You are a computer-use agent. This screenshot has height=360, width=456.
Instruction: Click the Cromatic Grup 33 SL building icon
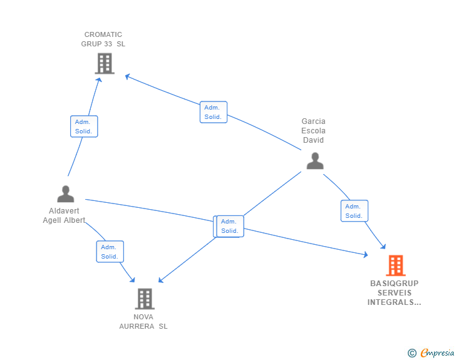[105, 63]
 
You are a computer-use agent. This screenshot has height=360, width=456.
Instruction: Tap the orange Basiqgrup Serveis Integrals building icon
[395, 265]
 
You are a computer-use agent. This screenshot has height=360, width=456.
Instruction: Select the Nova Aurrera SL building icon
[145, 299]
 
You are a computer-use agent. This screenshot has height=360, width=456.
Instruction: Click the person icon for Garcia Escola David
[314, 161]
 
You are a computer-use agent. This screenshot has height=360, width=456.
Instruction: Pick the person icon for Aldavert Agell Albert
[65, 194]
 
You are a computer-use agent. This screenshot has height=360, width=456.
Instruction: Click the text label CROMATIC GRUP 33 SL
[103, 39]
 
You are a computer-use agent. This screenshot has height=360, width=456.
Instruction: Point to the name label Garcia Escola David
[313, 130]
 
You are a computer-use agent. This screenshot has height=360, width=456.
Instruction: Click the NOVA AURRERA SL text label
[143, 321]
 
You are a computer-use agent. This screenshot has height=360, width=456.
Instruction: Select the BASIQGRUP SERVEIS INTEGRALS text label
[394, 292]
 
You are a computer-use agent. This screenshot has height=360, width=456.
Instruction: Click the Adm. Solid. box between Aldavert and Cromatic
[84, 126]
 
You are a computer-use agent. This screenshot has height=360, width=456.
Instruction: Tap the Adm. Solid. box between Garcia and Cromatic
[213, 112]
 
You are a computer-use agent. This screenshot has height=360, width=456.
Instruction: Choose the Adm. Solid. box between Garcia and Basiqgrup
[354, 211]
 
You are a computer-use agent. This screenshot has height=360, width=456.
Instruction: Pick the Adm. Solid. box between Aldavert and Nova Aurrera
[110, 252]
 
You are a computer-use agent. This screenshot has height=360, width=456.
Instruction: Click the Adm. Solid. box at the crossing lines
[229, 226]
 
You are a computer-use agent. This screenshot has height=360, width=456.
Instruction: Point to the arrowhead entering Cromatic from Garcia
[127, 76]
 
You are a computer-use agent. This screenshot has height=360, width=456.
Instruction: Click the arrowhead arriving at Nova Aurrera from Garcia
[160, 280]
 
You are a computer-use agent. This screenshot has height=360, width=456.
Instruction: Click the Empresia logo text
[437, 353]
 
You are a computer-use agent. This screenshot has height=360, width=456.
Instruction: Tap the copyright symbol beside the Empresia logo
[412, 353]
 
